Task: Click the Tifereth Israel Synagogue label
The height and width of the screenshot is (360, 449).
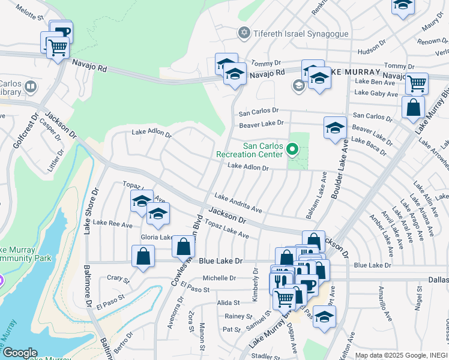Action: [x=302, y=34]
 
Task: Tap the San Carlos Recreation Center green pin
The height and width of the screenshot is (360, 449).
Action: [x=292, y=148]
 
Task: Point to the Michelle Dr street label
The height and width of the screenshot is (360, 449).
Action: [x=219, y=278]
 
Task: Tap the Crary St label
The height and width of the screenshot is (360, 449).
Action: [x=118, y=279]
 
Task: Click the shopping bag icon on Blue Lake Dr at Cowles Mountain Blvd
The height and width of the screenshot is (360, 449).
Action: [x=184, y=246]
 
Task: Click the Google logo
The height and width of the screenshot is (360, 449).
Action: [x=20, y=353]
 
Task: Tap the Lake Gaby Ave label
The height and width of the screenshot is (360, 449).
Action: [x=376, y=94]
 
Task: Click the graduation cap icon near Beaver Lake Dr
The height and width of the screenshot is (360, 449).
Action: [x=335, y=127]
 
